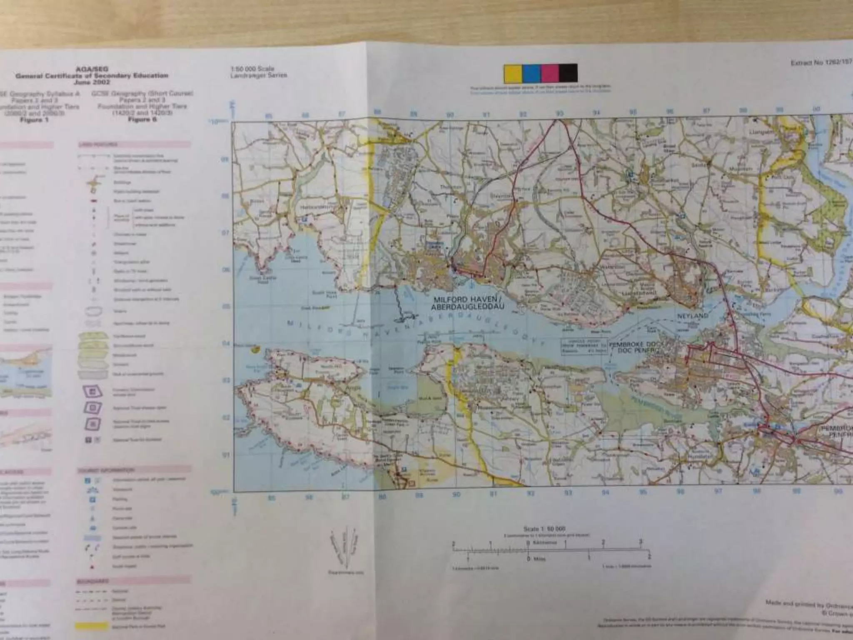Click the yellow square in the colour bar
[513, 73]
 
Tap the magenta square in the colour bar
[549, 73]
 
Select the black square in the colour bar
[568, 73]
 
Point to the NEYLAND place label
[693, 316]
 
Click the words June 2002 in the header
[92, 82]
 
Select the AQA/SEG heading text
[92, 69]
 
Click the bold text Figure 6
[142, 120]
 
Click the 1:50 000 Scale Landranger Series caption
[258, 72]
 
